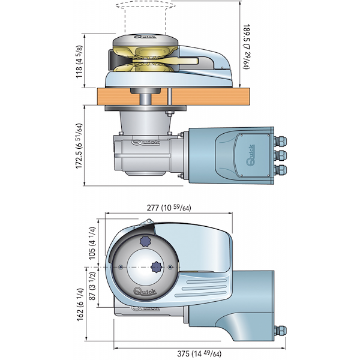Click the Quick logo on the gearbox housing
[144, 143]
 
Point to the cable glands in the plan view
[280, 332]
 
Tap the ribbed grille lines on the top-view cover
[205, 288]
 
